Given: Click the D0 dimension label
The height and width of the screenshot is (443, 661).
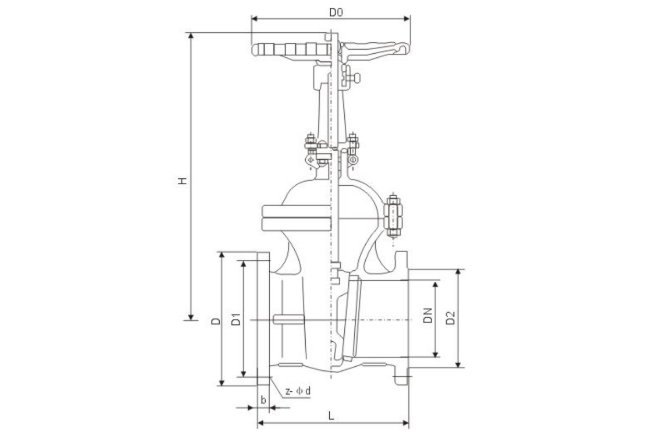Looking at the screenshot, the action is pyautogui.click(x=336, y=13).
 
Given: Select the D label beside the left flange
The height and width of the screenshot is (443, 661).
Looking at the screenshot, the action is pyautogui.click(x=216, y=321).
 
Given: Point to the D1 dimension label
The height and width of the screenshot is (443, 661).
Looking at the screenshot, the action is pyautogui.click(x=236, y=319).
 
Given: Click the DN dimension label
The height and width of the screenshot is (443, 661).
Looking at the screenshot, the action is pyautogui.click(x=428, y=316).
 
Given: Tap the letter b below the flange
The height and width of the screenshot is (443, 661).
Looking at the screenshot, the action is pyautogui.click(x=263, y=400).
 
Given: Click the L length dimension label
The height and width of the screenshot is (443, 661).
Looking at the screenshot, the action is pyautogui.click(x=331, y=416).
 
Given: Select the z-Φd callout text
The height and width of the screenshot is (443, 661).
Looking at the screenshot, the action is pyautogui.click(x=298, y=391).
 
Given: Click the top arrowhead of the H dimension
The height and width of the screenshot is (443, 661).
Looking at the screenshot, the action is pyautogui.click(x=191, y=35).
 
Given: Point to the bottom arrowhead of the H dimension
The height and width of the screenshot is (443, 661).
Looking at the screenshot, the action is pyautogui.click(x=191, y=317).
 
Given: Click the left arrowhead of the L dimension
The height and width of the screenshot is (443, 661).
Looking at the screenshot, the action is pyautogui.click(x=260, y=424).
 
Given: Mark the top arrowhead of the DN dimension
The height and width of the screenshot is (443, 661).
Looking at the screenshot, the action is pyautogui.click(x=435, y=284).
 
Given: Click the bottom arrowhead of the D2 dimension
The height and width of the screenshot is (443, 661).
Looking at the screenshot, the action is pyautogui.click(x=458, y=365).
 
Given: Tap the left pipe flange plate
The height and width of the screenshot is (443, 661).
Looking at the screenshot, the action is pyautogui.click(x=263, y=319).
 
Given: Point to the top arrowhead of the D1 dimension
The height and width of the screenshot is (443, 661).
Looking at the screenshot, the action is pyautogui.click(x=244, y=264).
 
